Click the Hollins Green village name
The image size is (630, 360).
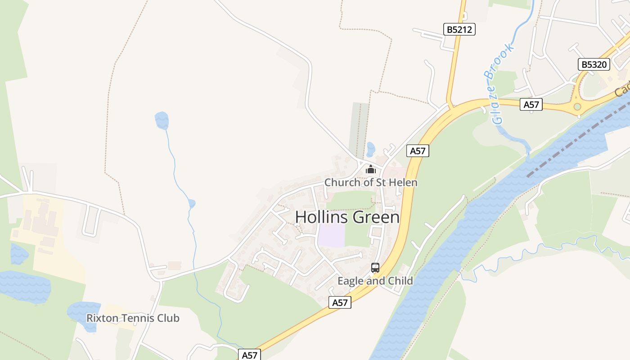tap(347, 217)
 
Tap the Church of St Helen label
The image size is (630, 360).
tap(371, 182)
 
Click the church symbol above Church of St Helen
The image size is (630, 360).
tap(370, 169)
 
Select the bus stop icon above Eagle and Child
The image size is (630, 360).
tap(375, 268)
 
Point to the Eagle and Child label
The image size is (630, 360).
tap(375, 281)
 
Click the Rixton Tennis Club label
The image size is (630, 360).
tap(133, 318)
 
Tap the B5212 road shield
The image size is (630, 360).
tap(459, 30)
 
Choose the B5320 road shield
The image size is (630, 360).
tap(594, 64)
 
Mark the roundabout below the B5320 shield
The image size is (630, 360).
tap(577, 107)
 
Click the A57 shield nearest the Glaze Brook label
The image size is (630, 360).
tap(531, 105)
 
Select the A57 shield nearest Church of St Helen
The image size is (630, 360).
tap(418, 151)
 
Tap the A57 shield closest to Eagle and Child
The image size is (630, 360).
tap(340, 302)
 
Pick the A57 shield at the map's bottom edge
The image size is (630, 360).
tap(249, 355)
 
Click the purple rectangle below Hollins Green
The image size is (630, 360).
tap(332, 235)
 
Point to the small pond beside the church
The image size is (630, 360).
tap(371, 148)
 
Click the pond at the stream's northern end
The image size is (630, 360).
tap(162, 121)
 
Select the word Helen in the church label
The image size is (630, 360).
tap(404, 182)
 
